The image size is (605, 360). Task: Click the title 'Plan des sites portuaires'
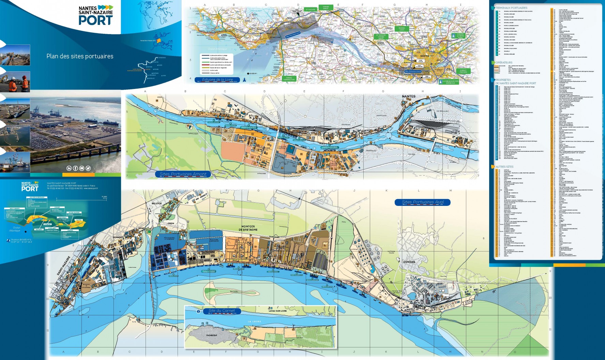pyautogui.click(x=80, y=56)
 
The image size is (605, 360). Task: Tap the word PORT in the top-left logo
pyautogui.click(x=95, y=20)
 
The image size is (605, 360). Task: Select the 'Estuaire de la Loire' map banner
pyautogui.click(x=217, y=80)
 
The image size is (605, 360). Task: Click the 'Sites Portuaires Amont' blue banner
pyautogui.click(x=183, y=174)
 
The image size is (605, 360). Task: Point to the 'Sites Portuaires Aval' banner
pyautogui.click(x=423, y=202)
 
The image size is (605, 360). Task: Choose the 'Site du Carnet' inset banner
pyautogui.click(x=222, y=311)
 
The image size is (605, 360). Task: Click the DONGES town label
pyautogui.click(x=409, y=262)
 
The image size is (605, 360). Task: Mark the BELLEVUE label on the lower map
pyautogui.click(x=156, y=204)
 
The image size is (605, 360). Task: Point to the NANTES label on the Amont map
pyautogui.click(x=408, y=96)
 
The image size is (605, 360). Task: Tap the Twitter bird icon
pyautogui.click(x=88, y=168)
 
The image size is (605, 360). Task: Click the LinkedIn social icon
pyautogui.click(x=69, y=168)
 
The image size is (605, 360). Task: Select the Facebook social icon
pyautogui.click(x=75, y=168)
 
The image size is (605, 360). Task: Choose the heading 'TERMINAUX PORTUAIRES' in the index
pyautogui.click(x=511, y=8)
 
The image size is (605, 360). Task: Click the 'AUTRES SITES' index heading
pyautogui.click(x=504, y=167)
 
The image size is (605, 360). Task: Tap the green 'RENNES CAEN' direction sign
pyautogui.click(x=402, y=29)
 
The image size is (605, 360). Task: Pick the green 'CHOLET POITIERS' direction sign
pyautogui.click(x=463, y=71)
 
